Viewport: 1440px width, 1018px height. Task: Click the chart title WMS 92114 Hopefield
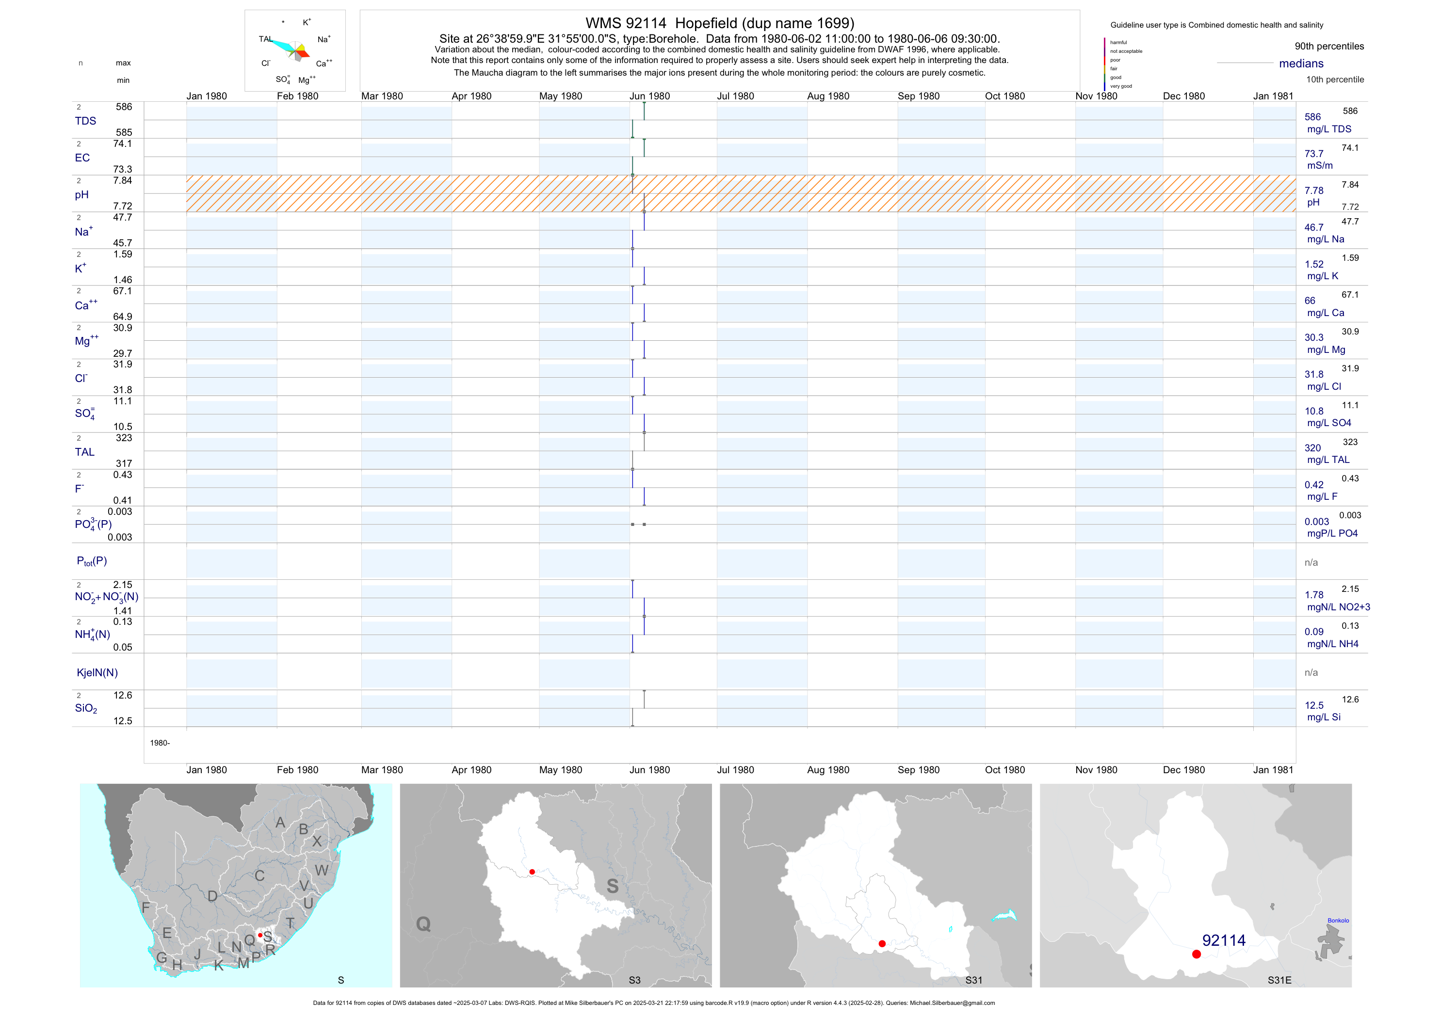pos(719,23)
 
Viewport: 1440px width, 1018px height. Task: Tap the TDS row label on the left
pos(85,121)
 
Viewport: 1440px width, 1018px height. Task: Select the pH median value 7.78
pos(1313,191)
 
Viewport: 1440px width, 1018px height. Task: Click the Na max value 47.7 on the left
pos(122,218)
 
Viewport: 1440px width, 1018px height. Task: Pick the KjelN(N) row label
pos(97,673)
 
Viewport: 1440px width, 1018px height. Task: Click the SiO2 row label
pos(86,708)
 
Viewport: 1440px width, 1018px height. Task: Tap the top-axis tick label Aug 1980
pos(828,96)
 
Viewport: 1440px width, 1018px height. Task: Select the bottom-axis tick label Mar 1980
pos(382,770)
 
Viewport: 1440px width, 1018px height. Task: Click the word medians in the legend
pos(1301,64)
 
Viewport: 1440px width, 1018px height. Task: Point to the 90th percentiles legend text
pos(1329,47)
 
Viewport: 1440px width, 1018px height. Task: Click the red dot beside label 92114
pos(1196,954)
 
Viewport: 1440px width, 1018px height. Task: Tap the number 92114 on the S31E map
pos(1224,940)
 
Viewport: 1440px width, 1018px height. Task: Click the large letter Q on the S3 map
pos(423,924)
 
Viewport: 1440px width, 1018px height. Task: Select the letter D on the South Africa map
pos(212,896)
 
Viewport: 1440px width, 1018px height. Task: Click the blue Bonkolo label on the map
pos(1338,920)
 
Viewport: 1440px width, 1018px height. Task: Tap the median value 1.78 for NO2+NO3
pos(1314,595)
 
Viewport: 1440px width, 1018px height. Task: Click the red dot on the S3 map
pos(532,872)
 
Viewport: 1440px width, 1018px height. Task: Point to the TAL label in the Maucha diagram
pos(265,39)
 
